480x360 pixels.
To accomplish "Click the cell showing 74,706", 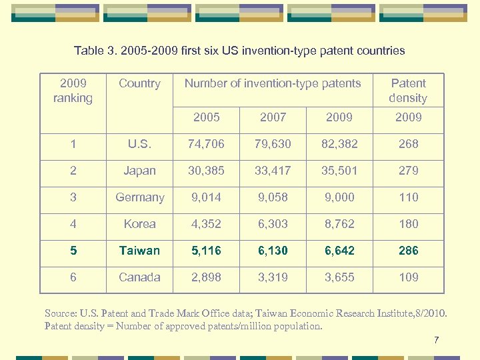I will pos(206,144).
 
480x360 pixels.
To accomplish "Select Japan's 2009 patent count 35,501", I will pos(339,171).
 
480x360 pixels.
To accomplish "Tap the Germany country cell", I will pos(139,197).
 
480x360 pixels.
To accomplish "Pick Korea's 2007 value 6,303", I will pos(273,224).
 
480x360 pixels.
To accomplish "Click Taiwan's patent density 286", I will pos(408,251).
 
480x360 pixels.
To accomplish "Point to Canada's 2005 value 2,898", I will pos(206,277).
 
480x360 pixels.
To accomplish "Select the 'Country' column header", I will pos(139,83).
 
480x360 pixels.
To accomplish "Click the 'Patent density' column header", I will pos(408,91).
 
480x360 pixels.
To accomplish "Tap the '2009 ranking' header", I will pos(73,91).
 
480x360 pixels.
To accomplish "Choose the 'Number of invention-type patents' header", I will pos(273,83).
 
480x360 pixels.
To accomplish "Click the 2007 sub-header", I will pos(273,117).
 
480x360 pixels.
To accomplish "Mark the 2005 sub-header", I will pos(206,117).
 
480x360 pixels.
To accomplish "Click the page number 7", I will pos(436,341).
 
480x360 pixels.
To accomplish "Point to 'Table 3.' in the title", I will pos(94,51).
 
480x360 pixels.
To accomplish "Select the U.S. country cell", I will pos(139,144).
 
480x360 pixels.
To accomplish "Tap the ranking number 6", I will pos(73,277).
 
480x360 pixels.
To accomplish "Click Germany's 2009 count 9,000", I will pos(339,197).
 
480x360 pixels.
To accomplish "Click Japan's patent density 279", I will pos(408,171).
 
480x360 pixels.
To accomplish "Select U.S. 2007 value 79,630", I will pos(273,144).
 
